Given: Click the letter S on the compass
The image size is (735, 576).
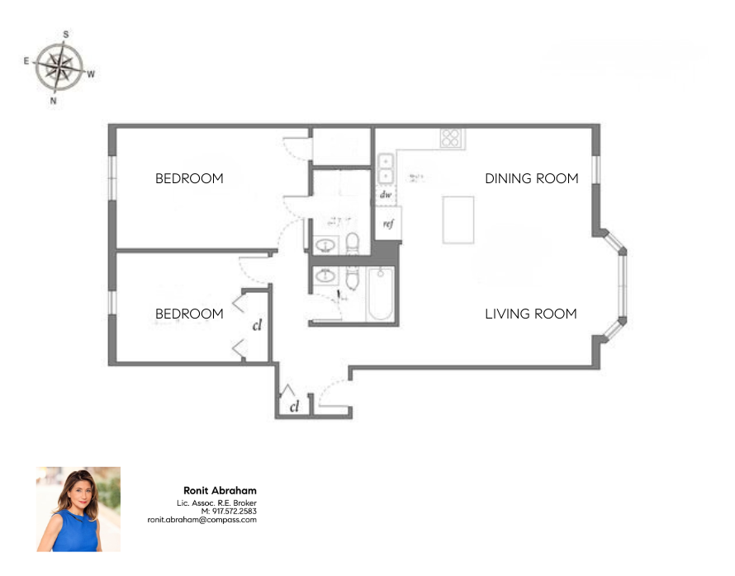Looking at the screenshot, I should (x=66, y=35).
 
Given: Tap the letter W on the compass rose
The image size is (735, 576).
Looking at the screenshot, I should (x=91, y=73).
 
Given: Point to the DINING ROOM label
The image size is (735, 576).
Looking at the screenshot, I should (x=531, y=178).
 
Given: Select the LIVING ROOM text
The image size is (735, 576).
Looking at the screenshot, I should (x=530, y=314).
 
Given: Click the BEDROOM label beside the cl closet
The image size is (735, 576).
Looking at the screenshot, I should (x=189, y=314).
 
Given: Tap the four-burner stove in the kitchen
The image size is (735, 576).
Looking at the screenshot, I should (x=450, y=138).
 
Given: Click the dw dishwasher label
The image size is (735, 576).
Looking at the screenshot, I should (x=385, y=195).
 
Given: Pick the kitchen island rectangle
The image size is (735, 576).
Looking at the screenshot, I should (x=458, y=220).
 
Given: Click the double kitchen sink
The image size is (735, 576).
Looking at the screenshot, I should (x=386, y=168).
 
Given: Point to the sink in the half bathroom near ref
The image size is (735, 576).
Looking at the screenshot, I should (x=325, y=246).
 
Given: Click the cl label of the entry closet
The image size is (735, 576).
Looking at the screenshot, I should (x=294, y=407).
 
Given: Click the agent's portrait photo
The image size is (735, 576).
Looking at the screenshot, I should (x=78, y=509).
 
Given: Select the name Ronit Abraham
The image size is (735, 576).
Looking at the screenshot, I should (x=220, y=491).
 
